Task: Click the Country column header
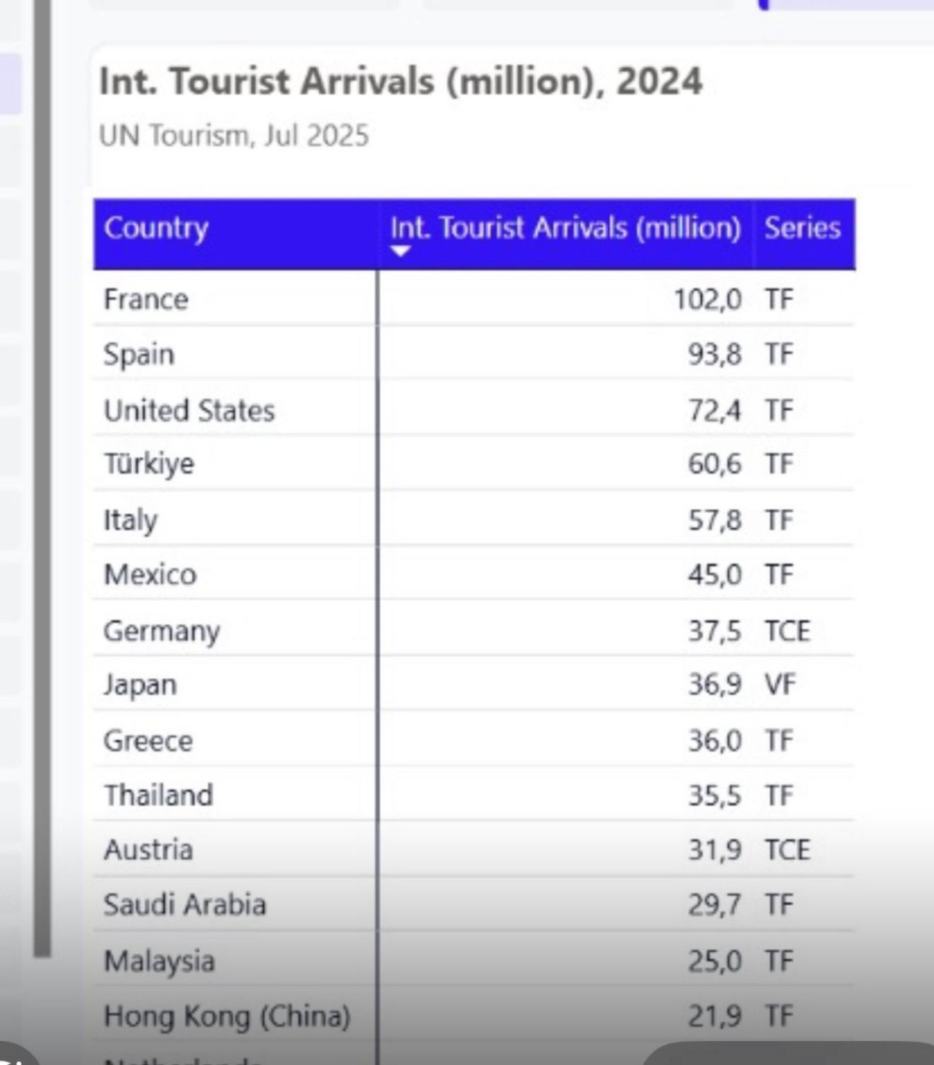156,228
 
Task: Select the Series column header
802,228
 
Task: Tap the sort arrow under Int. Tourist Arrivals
401,251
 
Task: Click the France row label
146,299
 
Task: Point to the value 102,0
707,299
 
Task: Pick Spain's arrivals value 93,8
714,355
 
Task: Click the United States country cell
189,410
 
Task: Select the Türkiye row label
149,464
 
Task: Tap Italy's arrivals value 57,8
714,520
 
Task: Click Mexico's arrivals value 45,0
714,575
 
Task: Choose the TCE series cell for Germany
787,631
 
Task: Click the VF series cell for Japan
779,685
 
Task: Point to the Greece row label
148,741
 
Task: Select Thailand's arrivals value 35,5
714,796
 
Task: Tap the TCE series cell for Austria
787,850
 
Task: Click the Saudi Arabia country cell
185,905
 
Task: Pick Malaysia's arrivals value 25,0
714,961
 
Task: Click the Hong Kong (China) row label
227,1016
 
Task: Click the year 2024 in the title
659,81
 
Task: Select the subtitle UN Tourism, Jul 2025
233,136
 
